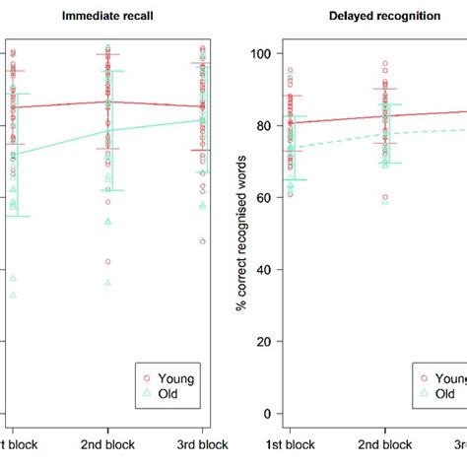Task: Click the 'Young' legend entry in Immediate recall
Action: tap(176, 377)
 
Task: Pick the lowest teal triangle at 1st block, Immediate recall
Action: tap(13, 295)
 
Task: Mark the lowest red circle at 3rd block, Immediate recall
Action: tap(203, 241)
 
